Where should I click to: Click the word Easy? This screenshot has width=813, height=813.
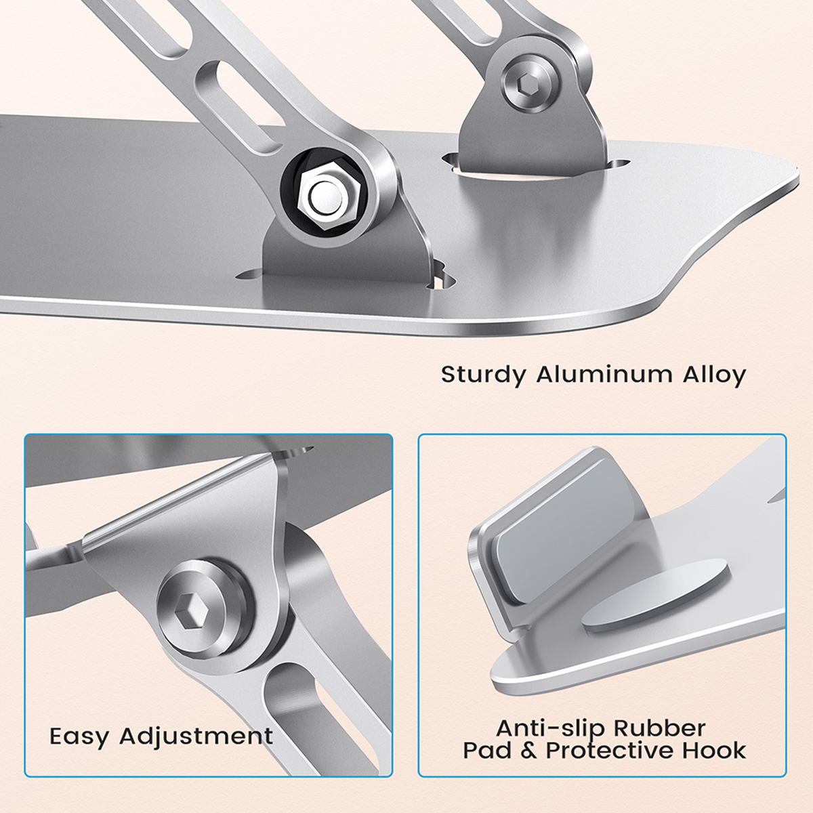click(79, 736)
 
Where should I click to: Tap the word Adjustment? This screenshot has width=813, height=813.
click(196, 736)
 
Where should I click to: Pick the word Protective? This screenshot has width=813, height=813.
click(611, 751)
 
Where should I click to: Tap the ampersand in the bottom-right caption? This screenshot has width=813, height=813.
click(528, 751)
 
